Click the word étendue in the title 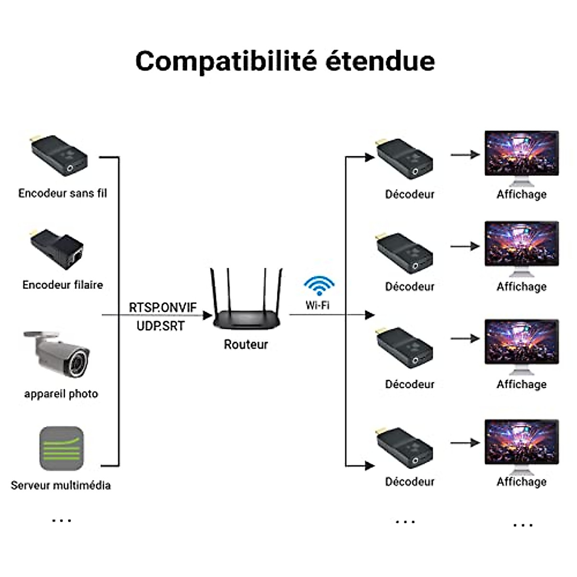[380, 62]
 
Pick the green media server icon [61, 448]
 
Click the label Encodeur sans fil [63, 193]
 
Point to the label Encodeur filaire [63, 285]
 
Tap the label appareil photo [61, 394]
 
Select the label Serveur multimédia [61, 485]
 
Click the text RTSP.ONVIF [163, 307]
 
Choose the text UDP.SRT [161, 326]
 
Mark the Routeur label [246, 344]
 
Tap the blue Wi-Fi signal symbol [318, 286]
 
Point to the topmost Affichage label [522, 194]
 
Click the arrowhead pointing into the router [208, 315]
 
